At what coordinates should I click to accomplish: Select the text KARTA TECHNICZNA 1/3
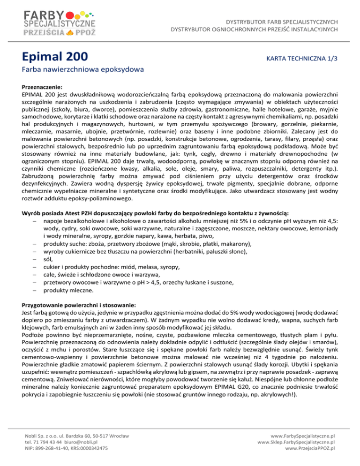pyautogui.click(x=301, y=58)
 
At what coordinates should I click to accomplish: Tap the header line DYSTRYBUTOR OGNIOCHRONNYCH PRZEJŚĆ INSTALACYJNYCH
pyautogui.click(x=254, y=30)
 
